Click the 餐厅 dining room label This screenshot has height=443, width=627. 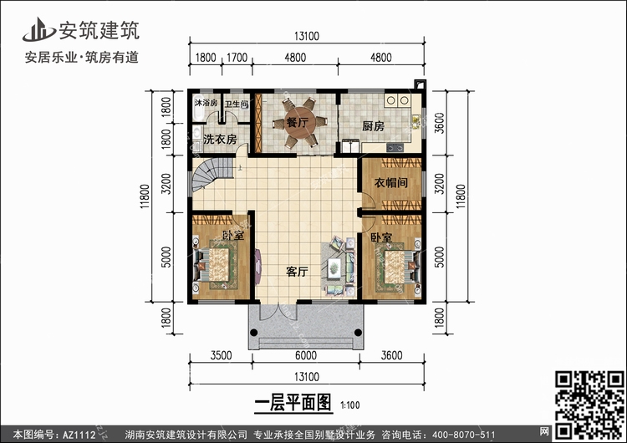coord(297,122)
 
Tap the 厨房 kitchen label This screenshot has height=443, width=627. coord(373,126)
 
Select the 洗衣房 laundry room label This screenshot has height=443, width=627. coord(220,139)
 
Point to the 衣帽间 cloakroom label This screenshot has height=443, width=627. coord(390,183)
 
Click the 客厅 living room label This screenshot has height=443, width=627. coord(297,272)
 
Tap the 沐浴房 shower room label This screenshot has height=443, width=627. coord(206,103)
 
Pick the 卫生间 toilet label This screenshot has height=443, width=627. coord(237,104)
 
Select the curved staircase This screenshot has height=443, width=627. coord(212,174)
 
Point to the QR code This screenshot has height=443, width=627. coord(589,405)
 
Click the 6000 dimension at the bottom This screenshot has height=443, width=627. coord(306,355)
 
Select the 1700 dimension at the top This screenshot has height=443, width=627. coord(237,58)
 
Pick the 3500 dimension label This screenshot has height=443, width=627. coord(222,355)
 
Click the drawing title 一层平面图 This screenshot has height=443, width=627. coord(293,402)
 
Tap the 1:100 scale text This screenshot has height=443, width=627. coord(350,405)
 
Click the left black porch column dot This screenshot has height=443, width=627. coord(253,333)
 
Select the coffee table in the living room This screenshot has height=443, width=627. coord(334,267)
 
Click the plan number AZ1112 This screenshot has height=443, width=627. coord(79,435)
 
